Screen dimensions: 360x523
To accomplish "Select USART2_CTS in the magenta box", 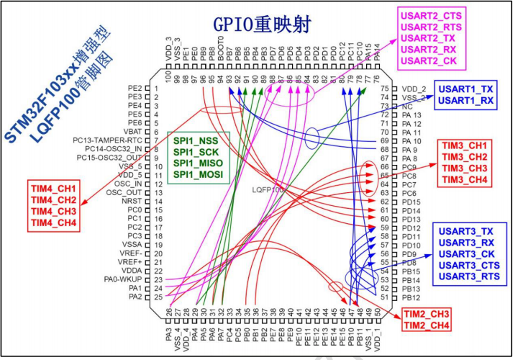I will [x=430, y=15].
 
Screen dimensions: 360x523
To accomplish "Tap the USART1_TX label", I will [x=467, y=88].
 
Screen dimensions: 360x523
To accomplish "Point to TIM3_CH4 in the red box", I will [x=465, y=180].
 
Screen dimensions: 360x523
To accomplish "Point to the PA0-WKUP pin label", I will [x=122, y=279].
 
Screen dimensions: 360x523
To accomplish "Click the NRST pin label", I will [x=133, y=201].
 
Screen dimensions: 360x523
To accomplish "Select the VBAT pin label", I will [x=132, y=131].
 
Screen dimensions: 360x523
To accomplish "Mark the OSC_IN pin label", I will [x=127, y=184].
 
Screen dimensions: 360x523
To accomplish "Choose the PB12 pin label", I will [x=411, y=297].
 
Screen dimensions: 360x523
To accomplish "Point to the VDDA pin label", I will [x=132, y=271].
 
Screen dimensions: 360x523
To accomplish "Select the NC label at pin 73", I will [x=406, y=106].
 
